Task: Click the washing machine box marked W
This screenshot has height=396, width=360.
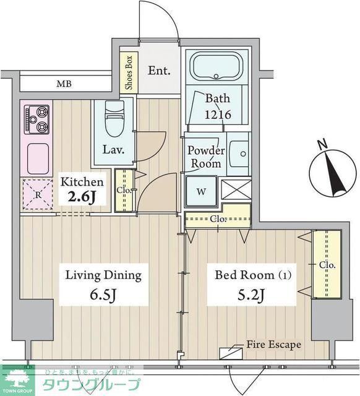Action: (201, 191)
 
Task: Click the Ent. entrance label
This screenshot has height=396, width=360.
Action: (159, 70)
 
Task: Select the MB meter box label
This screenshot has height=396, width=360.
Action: (64, 84)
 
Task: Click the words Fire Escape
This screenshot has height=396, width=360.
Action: (273, 344)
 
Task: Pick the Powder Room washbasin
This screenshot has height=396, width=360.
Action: (238, 152)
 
